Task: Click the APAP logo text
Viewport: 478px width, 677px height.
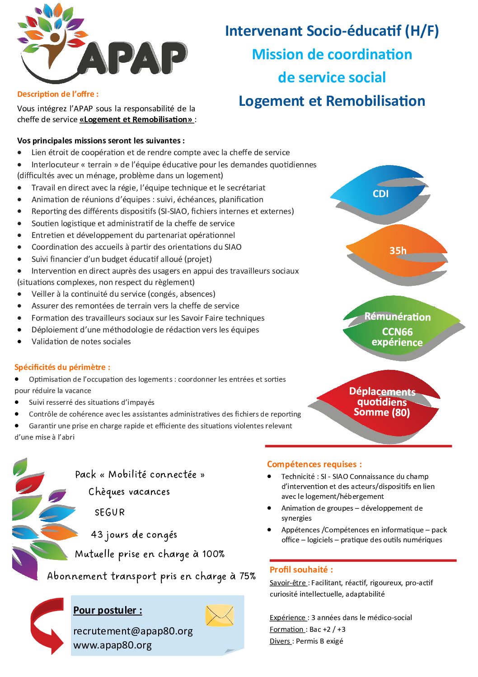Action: pos(131,59)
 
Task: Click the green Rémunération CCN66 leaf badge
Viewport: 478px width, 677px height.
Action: pos(398,329)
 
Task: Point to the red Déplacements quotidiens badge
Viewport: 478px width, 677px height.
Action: pos(382,402)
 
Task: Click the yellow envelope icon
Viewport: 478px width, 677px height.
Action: pos(220,615)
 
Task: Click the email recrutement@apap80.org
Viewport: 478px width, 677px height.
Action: pos(133,631)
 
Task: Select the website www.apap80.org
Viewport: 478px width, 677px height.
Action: pos(112,645)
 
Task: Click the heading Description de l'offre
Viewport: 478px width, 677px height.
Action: pos(58,94)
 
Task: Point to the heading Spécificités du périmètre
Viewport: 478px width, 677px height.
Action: pos(62,367)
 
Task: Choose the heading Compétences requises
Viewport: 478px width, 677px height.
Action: pos(314,464)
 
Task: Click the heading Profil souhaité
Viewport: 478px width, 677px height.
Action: pos(301,569)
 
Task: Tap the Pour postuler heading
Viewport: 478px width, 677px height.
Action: pos(108,610)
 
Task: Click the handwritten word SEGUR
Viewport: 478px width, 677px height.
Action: pos(110,512)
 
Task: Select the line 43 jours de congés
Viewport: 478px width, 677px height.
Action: pos(134,535)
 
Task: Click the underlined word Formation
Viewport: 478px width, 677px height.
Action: pos(286,629)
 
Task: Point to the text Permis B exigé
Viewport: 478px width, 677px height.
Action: pos(319,641)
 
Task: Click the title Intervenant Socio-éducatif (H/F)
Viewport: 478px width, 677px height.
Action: pos(332,31)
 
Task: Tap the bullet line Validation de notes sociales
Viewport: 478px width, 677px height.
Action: pos(81,341)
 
